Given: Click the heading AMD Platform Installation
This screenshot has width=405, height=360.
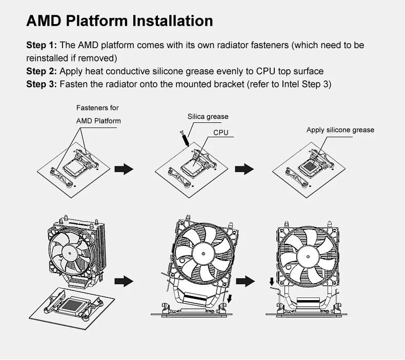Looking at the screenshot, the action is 119,20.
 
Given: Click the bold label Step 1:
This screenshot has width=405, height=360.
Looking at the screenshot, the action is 42,45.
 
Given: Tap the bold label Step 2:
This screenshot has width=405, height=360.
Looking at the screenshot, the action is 42,71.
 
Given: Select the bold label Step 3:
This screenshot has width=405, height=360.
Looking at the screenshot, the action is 42,84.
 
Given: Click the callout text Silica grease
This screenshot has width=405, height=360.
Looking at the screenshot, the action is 208,117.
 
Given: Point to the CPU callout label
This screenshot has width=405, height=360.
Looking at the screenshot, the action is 221,133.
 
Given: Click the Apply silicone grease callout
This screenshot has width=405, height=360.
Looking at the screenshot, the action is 340,130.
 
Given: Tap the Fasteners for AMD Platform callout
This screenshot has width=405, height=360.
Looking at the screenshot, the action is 98,114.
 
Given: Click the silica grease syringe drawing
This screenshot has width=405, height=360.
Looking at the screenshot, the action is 185,139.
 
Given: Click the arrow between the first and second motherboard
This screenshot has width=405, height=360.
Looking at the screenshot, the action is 124,169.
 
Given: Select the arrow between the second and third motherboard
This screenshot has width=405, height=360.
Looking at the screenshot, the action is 245,169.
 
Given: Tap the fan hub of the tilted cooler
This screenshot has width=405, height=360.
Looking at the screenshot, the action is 204,253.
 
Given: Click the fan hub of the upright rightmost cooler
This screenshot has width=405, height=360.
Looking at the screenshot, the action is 308,257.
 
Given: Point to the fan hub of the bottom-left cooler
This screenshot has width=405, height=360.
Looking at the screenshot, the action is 69,253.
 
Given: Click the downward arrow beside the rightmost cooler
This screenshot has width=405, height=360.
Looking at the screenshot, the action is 272,282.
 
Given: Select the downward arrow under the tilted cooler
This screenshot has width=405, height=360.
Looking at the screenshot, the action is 229,299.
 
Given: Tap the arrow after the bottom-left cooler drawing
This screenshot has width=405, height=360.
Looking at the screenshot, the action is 124,281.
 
